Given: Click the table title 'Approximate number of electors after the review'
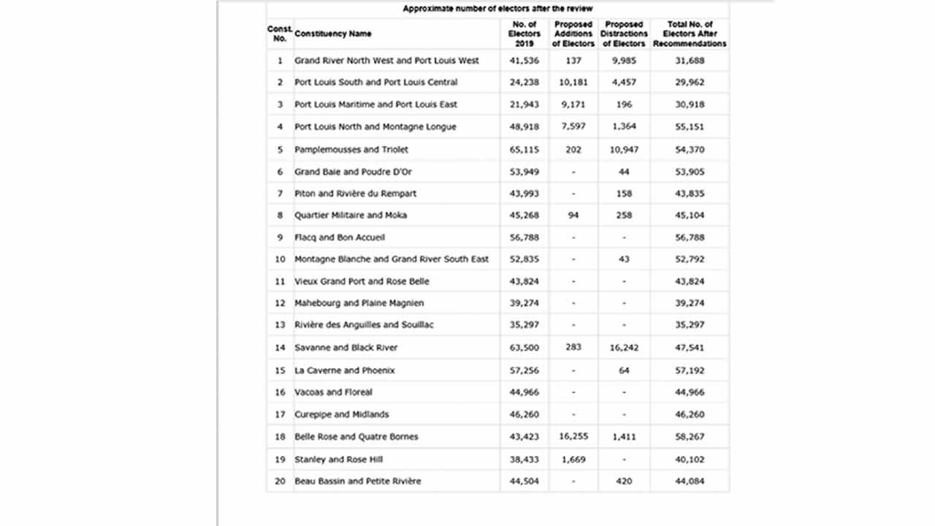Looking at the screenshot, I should (x=497, y=9).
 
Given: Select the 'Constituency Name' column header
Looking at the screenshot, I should (x=333, y=34).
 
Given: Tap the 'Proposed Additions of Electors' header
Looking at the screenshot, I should (x=573, y=34).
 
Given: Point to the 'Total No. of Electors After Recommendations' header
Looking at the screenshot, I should (x=690, y=34).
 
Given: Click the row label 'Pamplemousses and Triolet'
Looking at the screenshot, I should (x=351, y=150).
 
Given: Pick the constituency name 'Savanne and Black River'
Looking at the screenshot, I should (x=346, y=348).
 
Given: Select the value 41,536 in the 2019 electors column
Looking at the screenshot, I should (x=524, y=61).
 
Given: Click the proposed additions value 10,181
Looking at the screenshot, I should (x=573, y=83).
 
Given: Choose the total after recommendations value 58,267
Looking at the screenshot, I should (x=690, y=437).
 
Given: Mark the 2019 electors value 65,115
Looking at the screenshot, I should (x=524, y=150).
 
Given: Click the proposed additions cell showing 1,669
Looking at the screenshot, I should (x=573, y=460).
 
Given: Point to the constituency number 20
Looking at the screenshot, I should (x=280, y=481).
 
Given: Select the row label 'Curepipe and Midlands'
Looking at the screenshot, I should (x=341, y=414).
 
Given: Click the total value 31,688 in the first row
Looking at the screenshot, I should (x=690, y=61).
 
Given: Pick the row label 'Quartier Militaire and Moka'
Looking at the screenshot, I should (x=351, y=216).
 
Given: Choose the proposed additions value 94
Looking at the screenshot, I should (x=573, y=216).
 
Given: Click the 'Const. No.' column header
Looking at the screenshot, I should (x=280, y=34).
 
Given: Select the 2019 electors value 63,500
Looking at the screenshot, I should (x=524, y=348).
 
